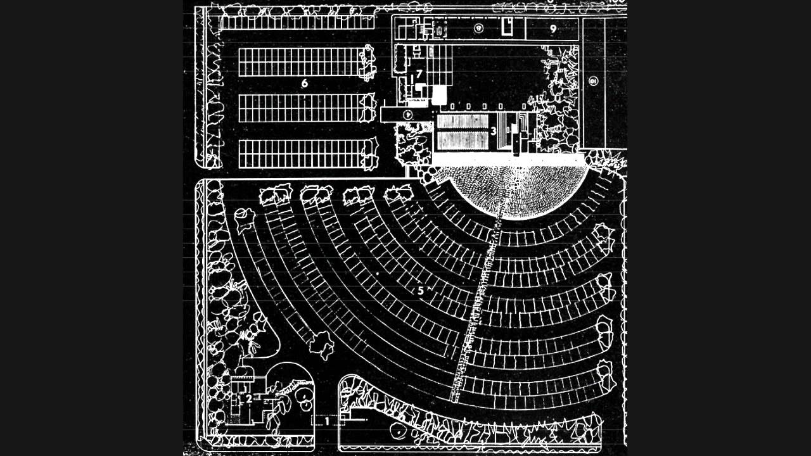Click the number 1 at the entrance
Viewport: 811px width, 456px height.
pos(328,419)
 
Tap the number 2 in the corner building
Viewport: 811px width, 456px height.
pos(249,398)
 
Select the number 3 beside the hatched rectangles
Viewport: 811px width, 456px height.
pos(493,131)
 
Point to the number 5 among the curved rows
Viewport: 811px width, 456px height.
pos(420,291)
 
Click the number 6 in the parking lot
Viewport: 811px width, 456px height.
pos(304,83)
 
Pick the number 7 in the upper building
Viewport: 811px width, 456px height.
pos(419,74)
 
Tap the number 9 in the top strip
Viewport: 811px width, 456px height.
pos(553,28)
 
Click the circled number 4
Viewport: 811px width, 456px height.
pos(409,114)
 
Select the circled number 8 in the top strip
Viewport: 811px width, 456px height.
pos(479,28)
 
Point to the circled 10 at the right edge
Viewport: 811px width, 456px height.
pos(593,81)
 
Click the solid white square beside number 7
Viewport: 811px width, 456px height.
pos(439,96)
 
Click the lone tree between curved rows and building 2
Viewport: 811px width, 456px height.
pos(321,345)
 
